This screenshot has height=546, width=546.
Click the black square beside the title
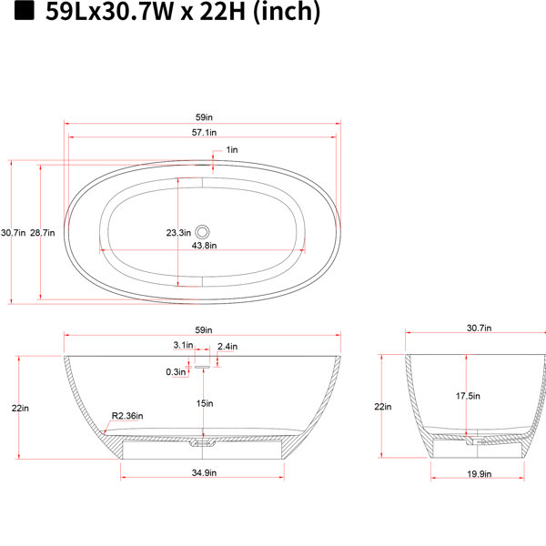point(24,10)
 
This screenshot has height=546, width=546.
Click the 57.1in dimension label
point(204,132)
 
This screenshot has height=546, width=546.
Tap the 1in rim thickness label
point(232,150)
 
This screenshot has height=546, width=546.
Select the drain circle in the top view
point(202,231)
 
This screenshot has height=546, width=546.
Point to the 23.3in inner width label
point(178,233)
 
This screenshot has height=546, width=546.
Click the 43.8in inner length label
point(204,246)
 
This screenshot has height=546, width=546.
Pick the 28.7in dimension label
point(42,233)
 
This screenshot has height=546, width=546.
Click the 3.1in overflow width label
point(183,345)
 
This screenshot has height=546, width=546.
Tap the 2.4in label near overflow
point(227,347)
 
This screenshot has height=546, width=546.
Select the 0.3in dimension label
point(176,372)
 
